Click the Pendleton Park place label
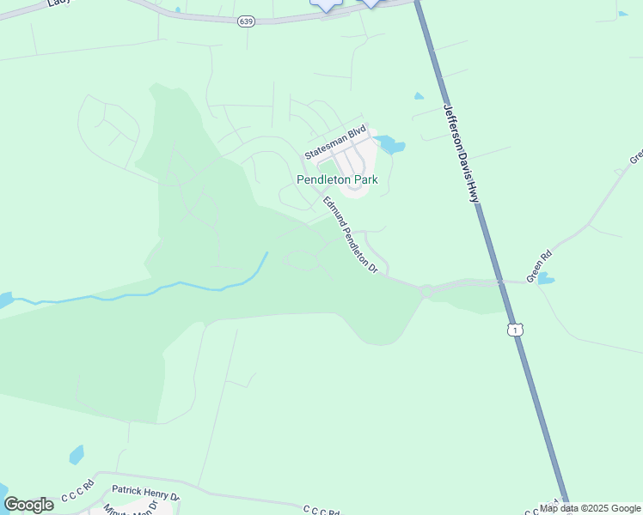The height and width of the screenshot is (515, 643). pos(336,180)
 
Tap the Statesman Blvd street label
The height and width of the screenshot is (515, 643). pos(336,142)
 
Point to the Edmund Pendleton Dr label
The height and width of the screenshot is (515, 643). pos(351,234)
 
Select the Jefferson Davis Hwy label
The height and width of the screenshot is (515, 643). pos(461,154)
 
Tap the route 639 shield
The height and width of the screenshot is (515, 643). pos(246,21)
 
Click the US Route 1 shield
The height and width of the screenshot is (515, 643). pos(514,330)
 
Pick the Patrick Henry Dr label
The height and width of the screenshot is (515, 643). pos(145,495)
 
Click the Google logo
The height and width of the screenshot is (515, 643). pos(28,505)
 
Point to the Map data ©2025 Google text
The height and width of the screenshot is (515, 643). pos(591,508)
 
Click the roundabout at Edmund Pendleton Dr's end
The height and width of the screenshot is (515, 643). pos(426,291)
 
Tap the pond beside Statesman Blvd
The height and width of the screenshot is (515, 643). pos(389,144)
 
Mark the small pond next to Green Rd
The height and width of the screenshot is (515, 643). pos(544,278)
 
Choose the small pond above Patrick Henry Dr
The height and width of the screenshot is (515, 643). pos(77,454)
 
